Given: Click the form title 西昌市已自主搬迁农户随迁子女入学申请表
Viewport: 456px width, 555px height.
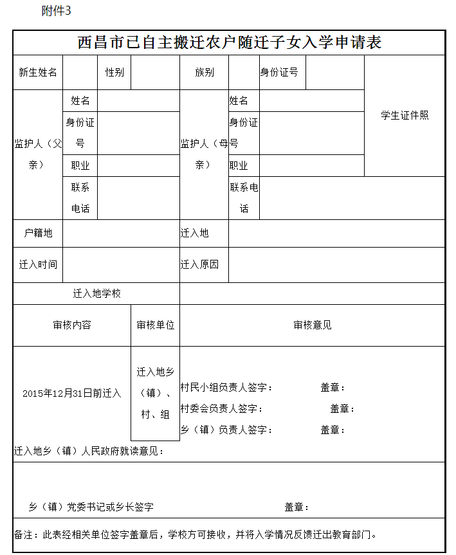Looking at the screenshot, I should point(229,42).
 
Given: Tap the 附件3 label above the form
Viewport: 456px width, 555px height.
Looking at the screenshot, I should point(57,12).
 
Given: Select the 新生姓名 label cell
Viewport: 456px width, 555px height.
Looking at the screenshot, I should point(38,72).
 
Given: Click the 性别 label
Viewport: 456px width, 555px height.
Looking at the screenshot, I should point(114,72).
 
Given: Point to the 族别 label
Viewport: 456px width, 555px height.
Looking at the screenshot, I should point(204,72).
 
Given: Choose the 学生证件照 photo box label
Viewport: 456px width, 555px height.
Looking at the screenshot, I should point(405,115).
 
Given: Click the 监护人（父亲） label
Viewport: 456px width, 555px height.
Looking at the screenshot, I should point(38,154).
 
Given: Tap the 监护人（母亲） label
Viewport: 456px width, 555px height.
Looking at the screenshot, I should point(204,154).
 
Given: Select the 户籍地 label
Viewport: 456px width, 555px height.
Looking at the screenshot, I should point(38,233).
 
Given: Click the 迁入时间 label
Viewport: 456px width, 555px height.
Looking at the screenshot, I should point(38,264).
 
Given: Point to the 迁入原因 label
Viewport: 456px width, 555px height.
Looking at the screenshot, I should point(199,264).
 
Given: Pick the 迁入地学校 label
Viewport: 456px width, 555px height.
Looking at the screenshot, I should point(96,293).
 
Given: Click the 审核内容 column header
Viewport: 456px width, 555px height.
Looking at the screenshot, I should point(72,325).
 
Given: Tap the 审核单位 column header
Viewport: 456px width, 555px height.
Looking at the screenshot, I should point(155,325).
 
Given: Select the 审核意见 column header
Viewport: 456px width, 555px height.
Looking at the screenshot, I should point(312,325).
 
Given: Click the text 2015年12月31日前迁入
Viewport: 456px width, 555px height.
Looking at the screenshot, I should point(72,393).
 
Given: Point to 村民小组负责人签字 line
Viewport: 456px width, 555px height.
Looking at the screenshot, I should point(226,387).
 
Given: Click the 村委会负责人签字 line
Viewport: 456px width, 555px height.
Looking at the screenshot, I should point(221,408).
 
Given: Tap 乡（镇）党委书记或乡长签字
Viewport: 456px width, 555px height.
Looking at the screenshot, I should point(91,507).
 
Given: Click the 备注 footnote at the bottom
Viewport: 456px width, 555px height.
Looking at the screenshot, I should point(195,534).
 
